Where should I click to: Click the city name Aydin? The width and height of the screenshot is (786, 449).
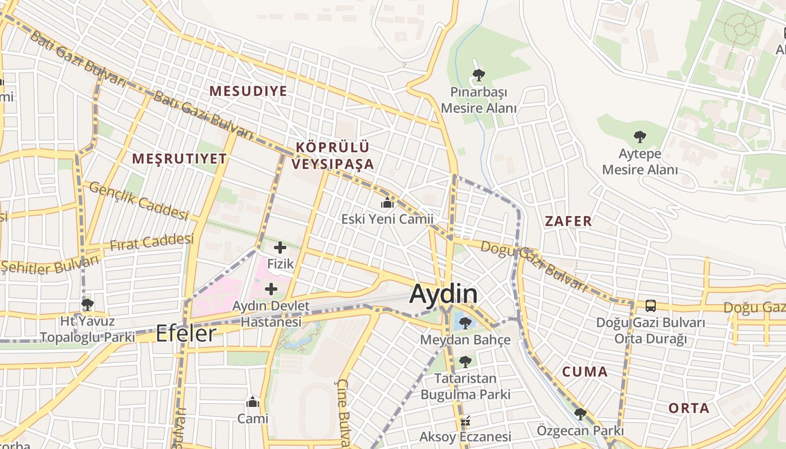point(444,294)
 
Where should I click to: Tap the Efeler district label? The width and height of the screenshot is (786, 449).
point(185,333)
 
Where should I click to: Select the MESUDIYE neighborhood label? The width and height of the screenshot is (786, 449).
point(248,91)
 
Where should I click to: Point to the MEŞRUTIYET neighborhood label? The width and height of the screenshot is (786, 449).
point(179,159)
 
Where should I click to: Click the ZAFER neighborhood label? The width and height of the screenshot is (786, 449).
point(568,221)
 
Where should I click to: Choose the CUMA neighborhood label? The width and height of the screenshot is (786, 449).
point(584,372)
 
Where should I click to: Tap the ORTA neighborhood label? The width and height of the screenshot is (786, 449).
point(688,408)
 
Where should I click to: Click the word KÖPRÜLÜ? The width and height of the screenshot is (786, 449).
point(332,148)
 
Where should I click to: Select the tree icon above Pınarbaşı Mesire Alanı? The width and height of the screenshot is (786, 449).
point(478,75)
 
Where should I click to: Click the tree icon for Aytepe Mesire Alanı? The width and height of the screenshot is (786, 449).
point(639,136)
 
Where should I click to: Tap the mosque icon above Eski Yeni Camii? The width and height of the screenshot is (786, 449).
point(387,203)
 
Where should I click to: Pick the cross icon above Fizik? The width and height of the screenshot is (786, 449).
point(280,248)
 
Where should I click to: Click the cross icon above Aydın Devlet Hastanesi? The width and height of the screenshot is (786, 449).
point(271,289)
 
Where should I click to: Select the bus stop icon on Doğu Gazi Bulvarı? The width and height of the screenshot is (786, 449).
point(650,306)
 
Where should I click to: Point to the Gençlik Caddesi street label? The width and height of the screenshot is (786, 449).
point(138,201)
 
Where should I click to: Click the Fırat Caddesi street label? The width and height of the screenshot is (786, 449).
point(152,242)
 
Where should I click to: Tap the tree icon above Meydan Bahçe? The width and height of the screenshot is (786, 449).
point(465,323)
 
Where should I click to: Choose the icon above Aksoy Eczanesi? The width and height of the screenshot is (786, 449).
point(465,421)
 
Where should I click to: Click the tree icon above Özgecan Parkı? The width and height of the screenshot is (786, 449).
point(580,414)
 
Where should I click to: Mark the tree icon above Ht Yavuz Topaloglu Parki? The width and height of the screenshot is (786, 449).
point(87,305)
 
